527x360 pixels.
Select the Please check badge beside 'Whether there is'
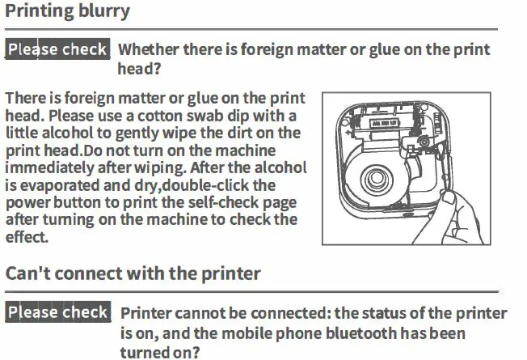pyautogui.click(x=57, y=49)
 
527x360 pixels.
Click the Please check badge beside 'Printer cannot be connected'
pyautogui.click(x=57, y=312)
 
